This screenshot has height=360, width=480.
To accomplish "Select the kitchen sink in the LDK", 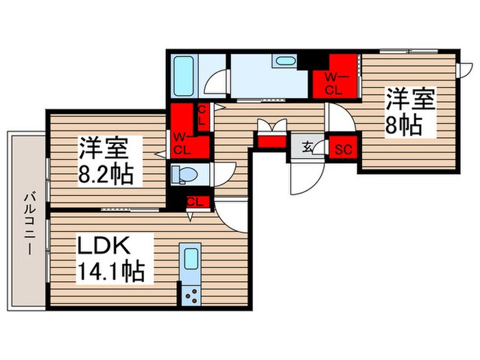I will point(191,261).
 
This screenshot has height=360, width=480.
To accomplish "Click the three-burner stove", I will point(191,296).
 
